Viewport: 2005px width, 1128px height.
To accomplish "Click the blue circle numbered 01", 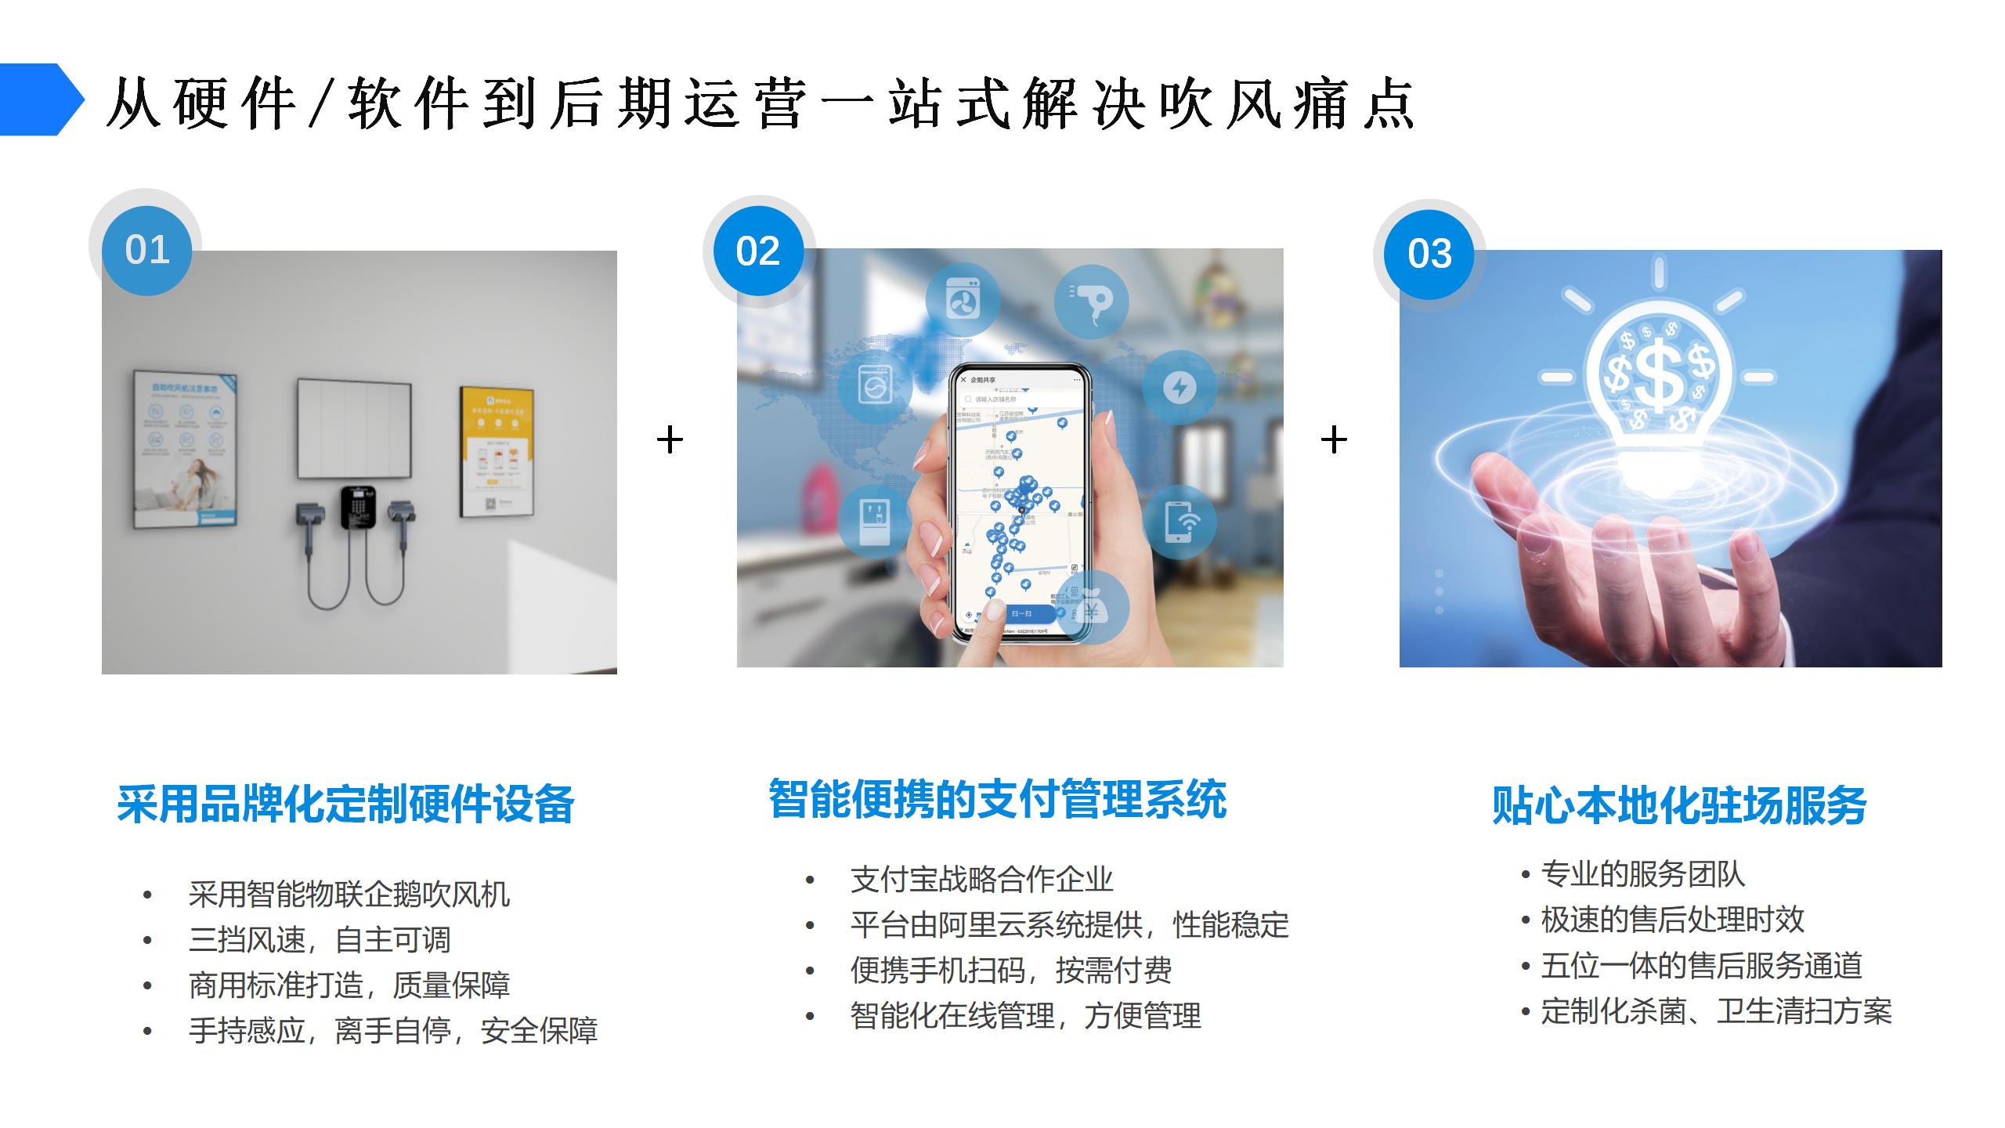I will (x=146, y=250).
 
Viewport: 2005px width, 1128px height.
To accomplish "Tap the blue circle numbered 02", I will (x=757, y=251).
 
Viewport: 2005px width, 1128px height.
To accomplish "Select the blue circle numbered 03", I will (x=1429, y=254).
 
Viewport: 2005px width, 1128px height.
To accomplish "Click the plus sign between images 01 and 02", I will (x=670, y=439).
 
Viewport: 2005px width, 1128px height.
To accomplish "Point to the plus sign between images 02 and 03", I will (x=1334, y=439).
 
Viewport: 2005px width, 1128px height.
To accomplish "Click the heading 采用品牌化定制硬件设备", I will (x=345, y=804).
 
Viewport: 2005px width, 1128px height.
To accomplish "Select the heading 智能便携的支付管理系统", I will (x=997, y=799).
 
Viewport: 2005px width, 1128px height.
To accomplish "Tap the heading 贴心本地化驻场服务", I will (x=1679, y=805).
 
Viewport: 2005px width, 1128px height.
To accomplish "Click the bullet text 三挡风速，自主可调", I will (x=320, y=939).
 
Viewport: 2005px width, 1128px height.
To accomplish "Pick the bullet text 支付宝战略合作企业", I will (x=981, y=880).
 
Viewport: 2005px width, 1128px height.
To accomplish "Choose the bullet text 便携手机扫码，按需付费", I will (x=1010, y=971).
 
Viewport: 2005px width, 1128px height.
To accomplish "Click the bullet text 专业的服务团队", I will (x=1642, y=874).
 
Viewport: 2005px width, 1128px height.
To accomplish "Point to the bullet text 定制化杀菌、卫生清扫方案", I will (x=1716, y=1011).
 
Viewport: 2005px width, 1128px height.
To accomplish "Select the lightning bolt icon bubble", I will (x=1180, y=387).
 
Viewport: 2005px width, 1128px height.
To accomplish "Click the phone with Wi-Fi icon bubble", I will (x=1180, y=522).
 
